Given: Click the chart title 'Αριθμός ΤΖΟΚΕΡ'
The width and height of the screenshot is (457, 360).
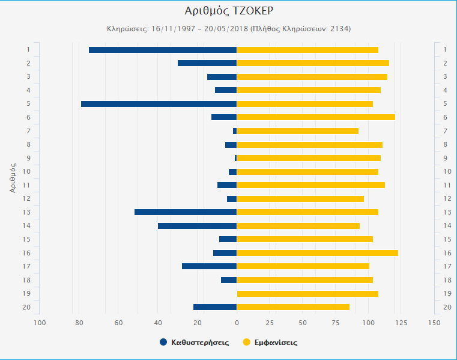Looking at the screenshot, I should coord(228,11).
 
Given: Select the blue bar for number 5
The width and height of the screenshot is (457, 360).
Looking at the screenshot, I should coord(159,104).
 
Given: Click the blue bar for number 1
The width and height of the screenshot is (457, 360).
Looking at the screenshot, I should coord(163,50).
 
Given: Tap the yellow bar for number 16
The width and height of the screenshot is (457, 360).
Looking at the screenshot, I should coord(317,253).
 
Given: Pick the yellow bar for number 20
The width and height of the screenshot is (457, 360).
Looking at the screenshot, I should coord(293,307).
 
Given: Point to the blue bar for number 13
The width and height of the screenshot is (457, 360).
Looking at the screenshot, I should coord(186,212).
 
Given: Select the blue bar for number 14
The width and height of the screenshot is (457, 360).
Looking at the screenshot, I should coord(197,226).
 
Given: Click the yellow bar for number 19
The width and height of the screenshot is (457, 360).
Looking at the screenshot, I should coord(307,294).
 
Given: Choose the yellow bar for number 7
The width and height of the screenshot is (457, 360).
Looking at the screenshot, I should coord(297,131).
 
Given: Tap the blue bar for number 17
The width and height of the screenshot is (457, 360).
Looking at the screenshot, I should coord(209,266).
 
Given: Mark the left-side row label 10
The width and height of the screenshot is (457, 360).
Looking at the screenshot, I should coord(27,171).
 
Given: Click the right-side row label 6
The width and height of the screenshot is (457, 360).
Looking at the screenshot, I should coord(445,117).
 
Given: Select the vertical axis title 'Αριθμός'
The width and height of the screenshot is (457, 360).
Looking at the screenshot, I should coord(13,174).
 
